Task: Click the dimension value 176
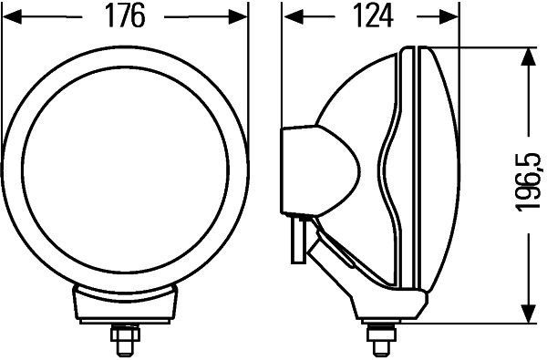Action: (125, 16)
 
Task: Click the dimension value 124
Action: (373, 16)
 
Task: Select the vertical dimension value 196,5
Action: (528, 182)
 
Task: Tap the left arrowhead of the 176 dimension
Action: (12, 16)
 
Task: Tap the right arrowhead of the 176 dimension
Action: (238, 16)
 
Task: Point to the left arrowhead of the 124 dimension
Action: (294, 16)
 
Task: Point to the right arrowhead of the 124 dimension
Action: (449, 16)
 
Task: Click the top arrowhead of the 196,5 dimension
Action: (528, 57)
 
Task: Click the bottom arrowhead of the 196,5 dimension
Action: (528, 314)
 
